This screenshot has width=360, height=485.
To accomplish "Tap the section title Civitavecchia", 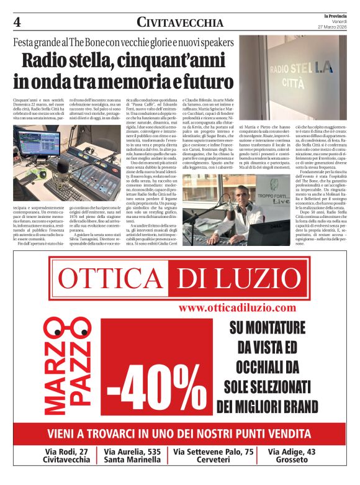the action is point(180,23).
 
